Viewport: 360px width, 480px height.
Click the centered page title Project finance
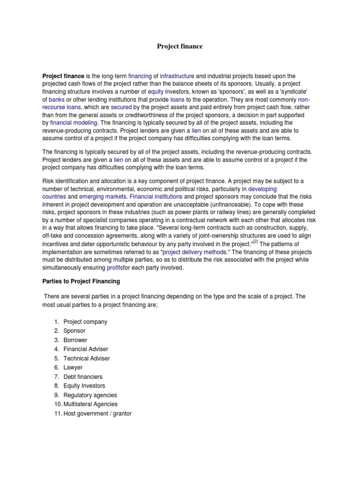[180, 46]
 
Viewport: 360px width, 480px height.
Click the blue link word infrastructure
[177, 75]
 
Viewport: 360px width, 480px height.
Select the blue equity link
[156, 92]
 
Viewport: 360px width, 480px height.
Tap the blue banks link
[57, 100]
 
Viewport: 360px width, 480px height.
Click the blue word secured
[121, 107]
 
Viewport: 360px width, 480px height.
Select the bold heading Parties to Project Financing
[82, 281]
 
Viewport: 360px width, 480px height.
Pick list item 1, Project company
[85, 322]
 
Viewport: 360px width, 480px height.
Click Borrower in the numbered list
[75, 340]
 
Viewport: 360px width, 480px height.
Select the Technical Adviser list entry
[87, 359]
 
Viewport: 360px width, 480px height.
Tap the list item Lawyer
[73, 367]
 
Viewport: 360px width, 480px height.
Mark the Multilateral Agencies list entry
[90, 404]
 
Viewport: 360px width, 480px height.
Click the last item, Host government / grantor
[97, 413]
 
